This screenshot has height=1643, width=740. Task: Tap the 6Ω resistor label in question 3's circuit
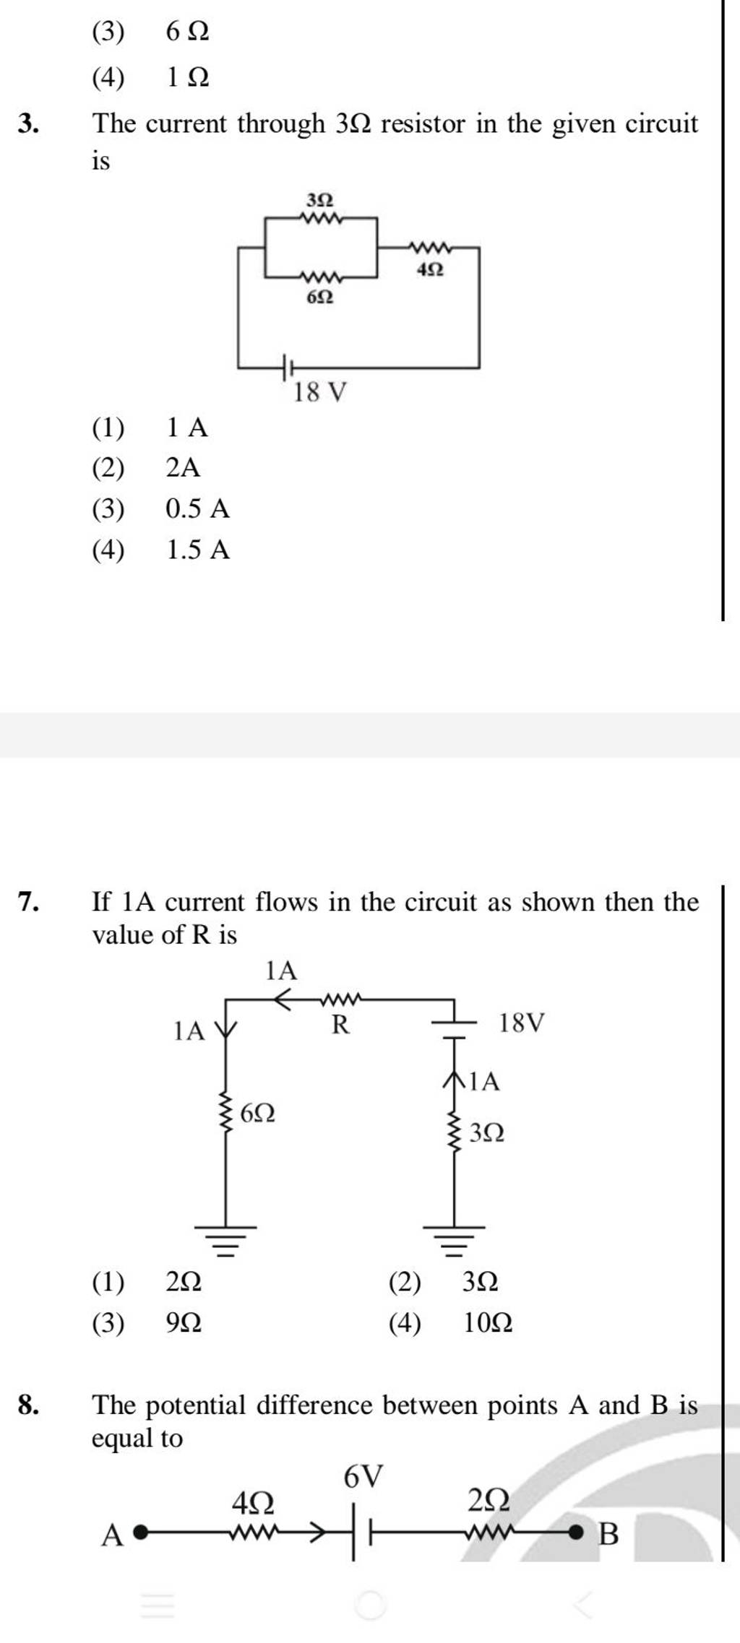(x=320, y=297)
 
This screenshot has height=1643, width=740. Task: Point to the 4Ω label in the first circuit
(x=431, y=270)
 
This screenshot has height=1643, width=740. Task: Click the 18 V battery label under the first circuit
(x=320, y=393)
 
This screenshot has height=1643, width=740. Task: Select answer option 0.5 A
(x=197, y=509)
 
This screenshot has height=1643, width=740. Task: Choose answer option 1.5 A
(x=197, y=550)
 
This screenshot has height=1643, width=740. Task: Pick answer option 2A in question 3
(x=183, y=468)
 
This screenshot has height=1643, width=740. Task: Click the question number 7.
(x=28, y=902)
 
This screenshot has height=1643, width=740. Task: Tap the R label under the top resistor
(x=340, y=1024)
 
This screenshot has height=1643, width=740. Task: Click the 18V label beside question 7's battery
(x=522, y=1023)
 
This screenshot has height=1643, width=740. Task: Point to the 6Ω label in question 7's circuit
(x=257, y=1114)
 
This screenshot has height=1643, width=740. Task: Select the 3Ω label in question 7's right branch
(x=487, y=1132)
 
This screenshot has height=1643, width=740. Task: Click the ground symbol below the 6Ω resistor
(x=225, y=1240)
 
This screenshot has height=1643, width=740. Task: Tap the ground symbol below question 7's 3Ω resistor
(x=454, y=1240)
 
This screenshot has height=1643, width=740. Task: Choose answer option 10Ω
(x=488, y=1324)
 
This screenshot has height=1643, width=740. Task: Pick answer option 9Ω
(x=184, y=1324)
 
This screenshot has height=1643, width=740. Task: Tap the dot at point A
(x=142, y=1530)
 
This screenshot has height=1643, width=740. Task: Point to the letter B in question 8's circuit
(x=608, y=1533)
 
